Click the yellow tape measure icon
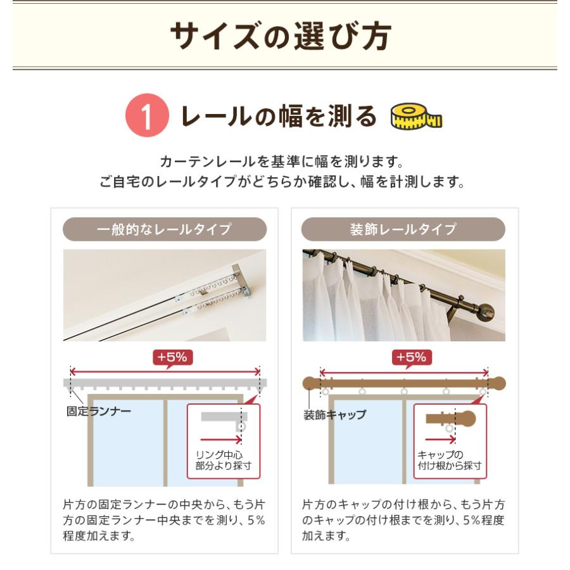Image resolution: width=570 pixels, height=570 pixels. [416, 117]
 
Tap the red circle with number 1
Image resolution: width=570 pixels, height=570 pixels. [147, 115]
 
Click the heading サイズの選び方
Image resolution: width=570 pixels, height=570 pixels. [281, 35]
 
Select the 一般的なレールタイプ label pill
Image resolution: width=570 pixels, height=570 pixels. [165, 229]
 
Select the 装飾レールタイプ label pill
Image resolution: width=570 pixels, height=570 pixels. [403, 229]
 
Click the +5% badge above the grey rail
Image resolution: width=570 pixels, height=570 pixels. [173, 357]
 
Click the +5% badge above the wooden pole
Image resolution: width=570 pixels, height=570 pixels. [412, 357]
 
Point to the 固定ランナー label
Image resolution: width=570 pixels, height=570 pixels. [99, 411]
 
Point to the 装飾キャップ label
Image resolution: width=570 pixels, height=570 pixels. [334, 415]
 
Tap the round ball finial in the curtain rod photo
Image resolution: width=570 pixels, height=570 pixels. [485, 312]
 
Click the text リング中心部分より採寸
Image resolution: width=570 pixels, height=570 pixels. [223, 460]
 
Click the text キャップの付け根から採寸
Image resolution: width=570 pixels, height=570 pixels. [449, 460]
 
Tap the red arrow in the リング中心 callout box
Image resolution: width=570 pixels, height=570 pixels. [221, 440]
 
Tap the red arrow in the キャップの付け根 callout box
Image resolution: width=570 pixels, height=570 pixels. [440, 440]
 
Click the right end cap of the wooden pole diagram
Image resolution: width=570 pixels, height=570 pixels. [497, 384]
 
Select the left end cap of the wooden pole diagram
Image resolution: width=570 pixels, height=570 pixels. [312, 384]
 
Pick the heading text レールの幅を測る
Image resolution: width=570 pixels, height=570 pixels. [279, 117]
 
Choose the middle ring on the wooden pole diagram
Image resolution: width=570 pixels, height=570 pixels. [404, 391]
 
